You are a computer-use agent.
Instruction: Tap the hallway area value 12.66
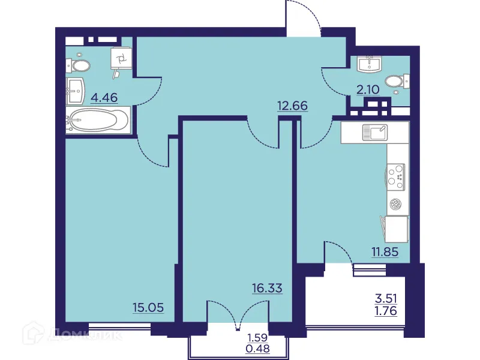tap(292, 106)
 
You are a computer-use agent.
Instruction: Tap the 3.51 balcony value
tap(386, 298)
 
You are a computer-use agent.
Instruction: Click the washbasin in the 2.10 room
tap(367, 63)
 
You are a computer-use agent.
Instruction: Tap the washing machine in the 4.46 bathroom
tap(121, 59)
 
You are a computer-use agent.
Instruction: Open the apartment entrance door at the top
tap(304, 18)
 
